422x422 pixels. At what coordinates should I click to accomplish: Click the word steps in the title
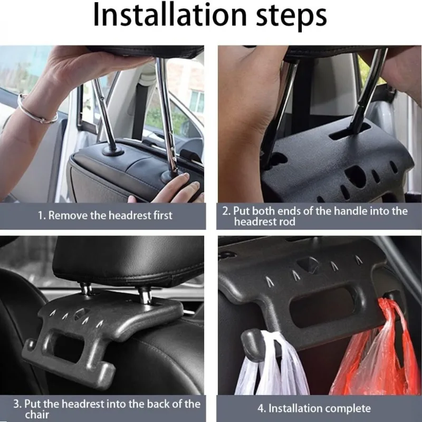pyautogui.click(x=291, y=18)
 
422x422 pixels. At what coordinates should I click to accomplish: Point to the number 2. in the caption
pyautogui.click(x=226, y=210)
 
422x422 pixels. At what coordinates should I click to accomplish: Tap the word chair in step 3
pyautogui.click(x=37, y=415)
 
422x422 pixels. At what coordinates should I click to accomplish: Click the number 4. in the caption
pyautogui.click(x=261, y=408)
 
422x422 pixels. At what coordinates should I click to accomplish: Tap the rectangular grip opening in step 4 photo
pyautogui.click(x=322, y=307)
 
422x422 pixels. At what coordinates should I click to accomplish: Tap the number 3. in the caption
pyautogui.click(x=17, y=404)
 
